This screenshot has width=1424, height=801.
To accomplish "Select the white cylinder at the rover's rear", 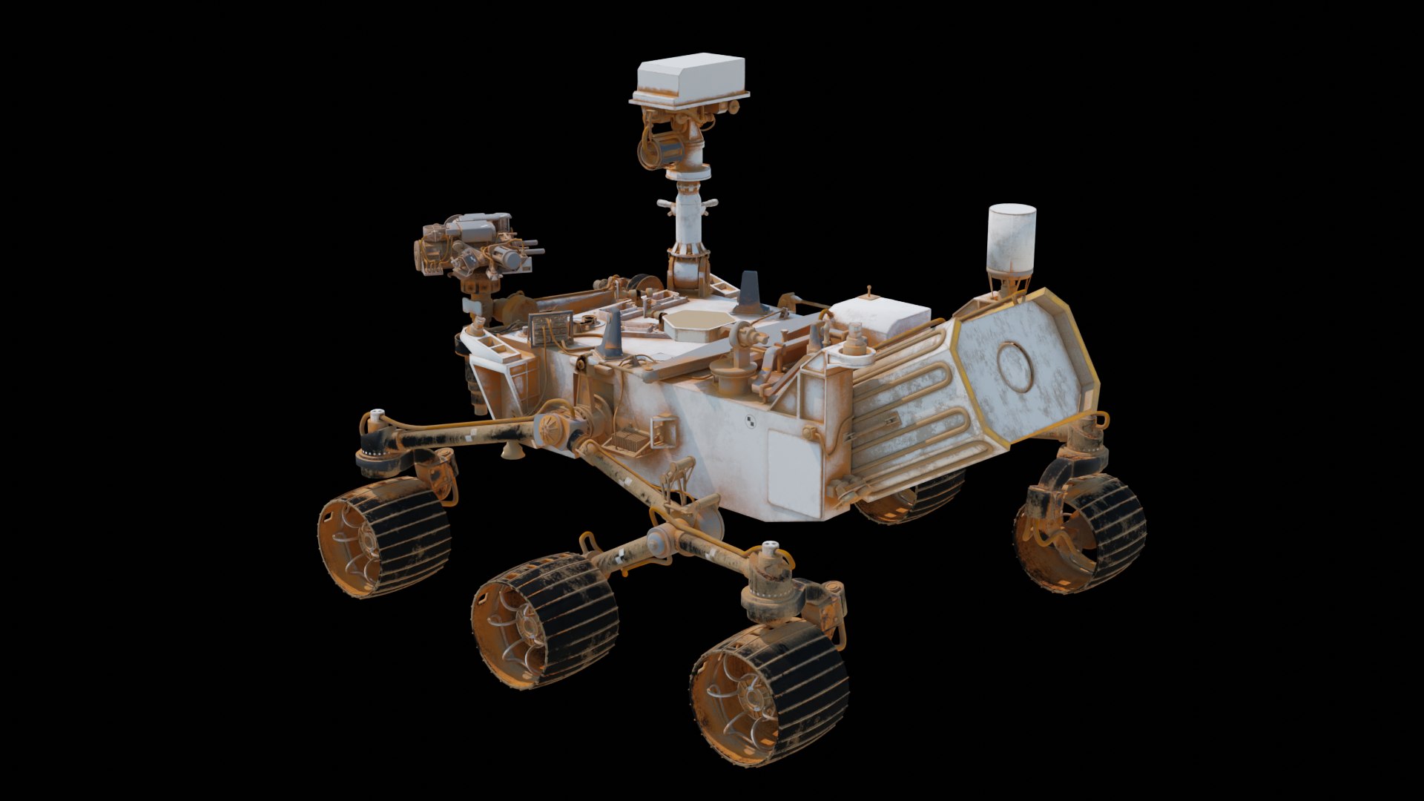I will (1012, 239).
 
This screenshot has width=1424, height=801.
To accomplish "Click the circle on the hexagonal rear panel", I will (1015, 367).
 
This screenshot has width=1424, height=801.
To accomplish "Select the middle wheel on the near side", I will (545, 619).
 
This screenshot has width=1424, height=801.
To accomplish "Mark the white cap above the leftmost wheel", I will (378, 411).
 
